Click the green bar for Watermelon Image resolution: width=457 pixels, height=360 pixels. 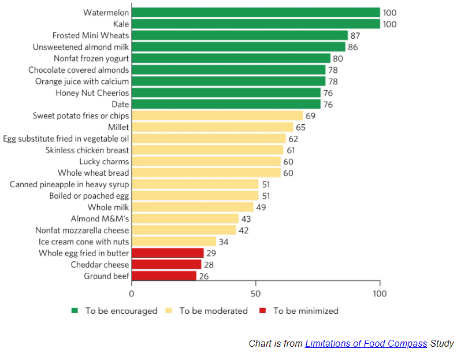(255, 12)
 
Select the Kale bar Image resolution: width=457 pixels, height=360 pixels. (255, 24)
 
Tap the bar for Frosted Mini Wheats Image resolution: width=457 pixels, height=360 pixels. (239, 35)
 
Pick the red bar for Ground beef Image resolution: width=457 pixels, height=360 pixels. (164, 276)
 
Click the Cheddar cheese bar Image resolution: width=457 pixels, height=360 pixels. (166, 265)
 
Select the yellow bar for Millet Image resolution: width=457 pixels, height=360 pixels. (212, 127)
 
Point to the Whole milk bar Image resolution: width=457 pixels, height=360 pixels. (192, 207)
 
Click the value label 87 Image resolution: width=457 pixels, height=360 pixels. (355, 35)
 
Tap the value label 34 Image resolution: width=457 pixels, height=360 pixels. (224, 242)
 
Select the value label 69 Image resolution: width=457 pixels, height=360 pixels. (310, 116)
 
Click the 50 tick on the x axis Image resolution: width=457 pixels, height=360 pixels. (255, 293)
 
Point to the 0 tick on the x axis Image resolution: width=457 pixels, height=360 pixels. (132, 293)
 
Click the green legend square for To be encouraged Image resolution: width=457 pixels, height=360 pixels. (75, 311)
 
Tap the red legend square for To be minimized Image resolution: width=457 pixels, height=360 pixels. (262, 311)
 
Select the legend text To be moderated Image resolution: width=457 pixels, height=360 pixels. (213, 311)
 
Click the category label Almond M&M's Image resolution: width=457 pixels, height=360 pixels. (99, 218)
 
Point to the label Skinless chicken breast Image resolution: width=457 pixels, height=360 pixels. (87, 150)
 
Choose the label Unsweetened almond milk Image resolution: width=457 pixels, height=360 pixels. (81, 47)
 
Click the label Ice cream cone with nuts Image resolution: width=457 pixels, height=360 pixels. (84, 242)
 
